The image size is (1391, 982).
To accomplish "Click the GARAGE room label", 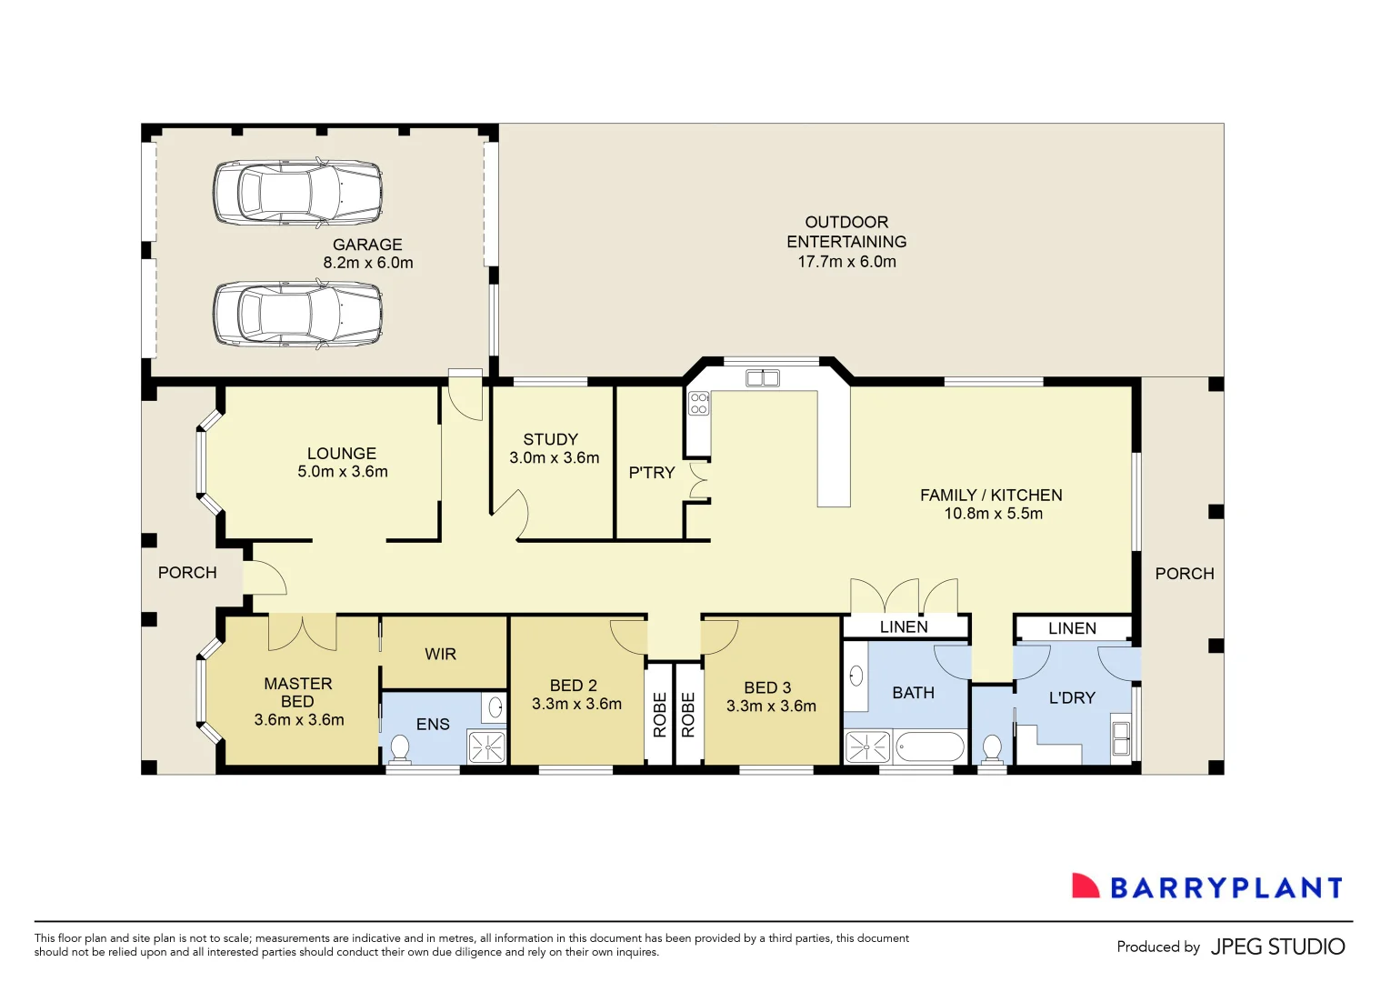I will coord(367,245).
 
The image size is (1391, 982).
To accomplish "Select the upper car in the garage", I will coord(297,193).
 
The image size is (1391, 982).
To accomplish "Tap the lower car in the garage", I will coord(297,315).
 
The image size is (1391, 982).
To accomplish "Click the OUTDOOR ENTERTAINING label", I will coord(846,232).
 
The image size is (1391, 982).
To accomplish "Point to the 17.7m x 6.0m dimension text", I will coord(846,262).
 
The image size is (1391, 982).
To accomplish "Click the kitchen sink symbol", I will coord(762,378).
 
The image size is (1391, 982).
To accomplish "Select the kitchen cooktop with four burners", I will coord(698,403).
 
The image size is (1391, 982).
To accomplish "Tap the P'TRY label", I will coord(652,473).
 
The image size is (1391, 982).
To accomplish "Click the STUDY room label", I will coord(550,439).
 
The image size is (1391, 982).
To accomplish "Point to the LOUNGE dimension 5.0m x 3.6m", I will coord(343,472).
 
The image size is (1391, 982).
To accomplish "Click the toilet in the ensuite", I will coord(399,748).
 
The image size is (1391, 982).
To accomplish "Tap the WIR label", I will coord(440,655).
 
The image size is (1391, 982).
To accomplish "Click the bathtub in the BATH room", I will coord(929,747).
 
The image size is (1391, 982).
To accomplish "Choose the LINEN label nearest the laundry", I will coord(1072,628).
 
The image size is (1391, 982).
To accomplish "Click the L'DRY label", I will coord(1072,698).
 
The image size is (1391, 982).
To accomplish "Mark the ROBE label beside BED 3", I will coord(688,715).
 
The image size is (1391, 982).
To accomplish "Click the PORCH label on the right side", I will coord(1184,574).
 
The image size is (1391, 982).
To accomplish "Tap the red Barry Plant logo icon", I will coord(1086,887).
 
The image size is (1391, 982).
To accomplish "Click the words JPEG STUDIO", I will coord(1277,947).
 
